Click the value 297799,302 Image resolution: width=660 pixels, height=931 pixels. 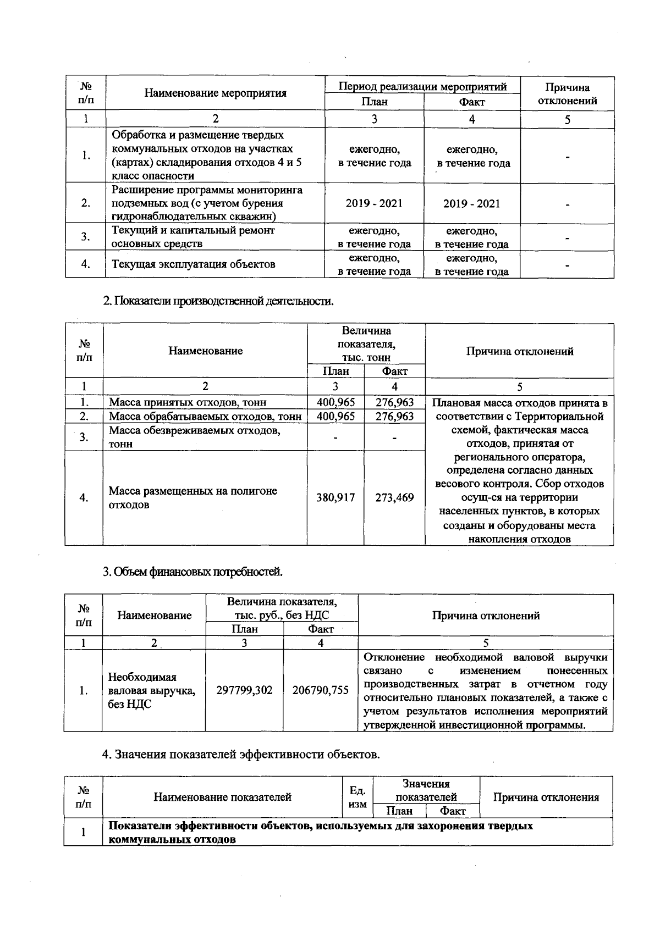point(244,690)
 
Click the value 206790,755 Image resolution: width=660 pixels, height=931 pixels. point(320,690)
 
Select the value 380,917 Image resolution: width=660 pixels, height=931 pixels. point(335,498)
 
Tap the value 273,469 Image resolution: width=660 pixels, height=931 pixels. point(394,498)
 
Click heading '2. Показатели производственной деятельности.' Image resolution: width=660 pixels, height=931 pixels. point(218,301)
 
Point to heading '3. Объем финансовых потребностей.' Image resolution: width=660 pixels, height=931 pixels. point(193,572)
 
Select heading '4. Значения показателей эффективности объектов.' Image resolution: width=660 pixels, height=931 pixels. point(241,754)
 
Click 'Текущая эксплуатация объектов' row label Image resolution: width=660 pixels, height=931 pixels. point(194,264)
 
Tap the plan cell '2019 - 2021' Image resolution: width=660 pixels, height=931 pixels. point(374,203)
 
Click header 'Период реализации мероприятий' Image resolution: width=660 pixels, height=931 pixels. point(422,86)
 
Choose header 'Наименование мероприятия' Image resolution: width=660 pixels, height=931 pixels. point(215,93)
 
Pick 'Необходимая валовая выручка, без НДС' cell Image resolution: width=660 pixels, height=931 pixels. point(152,690)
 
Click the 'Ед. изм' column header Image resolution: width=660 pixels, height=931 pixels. point(358,797)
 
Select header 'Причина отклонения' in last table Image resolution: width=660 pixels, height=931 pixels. point(546,797)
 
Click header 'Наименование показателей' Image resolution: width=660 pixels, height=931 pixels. point(222,797)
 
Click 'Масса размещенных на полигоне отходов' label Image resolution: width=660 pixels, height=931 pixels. point(193,497)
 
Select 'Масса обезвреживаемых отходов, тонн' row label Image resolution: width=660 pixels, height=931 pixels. point(195,437)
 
